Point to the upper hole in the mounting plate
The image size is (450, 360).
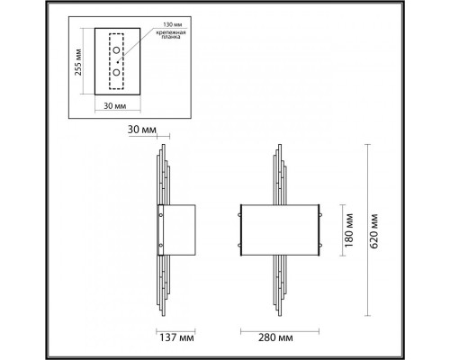(116, 50)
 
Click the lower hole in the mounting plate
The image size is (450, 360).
(116, 69)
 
